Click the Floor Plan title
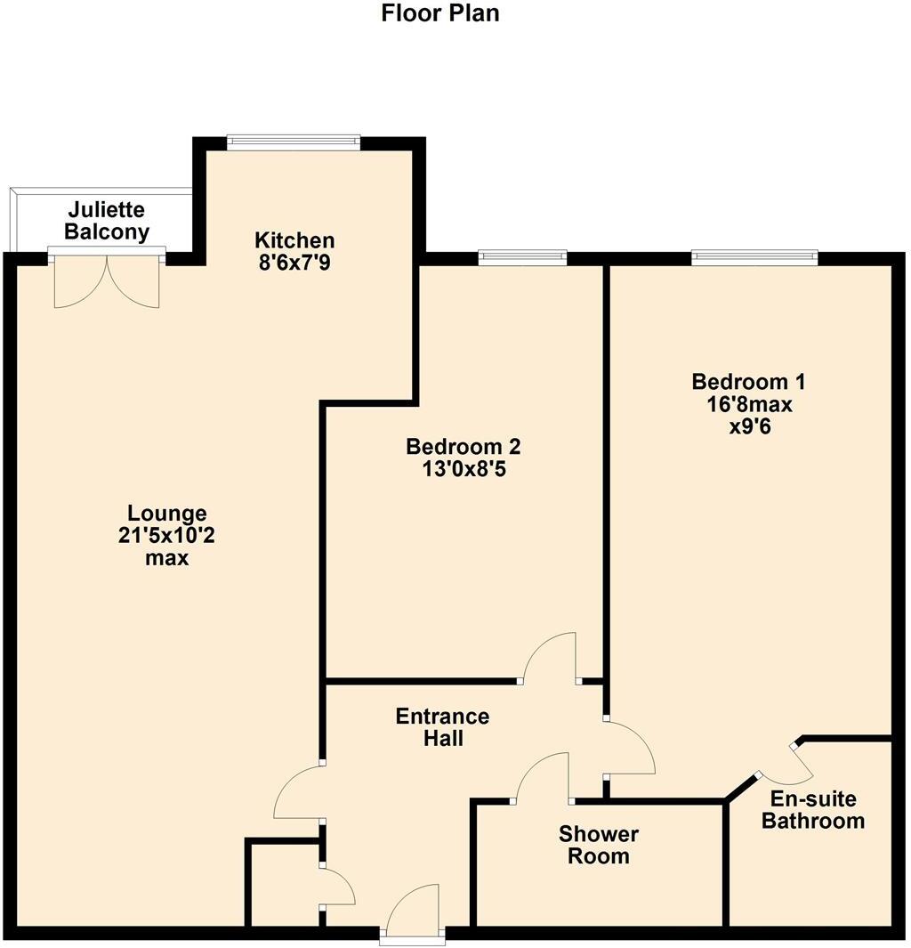(x=440, y=14)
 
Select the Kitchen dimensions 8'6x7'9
(x=294, y=263)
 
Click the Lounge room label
(x=167, y=514)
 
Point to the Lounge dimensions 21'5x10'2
(x=167, y=537)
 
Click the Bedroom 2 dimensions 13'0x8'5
(x=463, y=469)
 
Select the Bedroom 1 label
(x=748, y=382)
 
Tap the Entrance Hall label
(x=442, y=727)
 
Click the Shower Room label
(x=598, y=845)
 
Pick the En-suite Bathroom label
(x=813, y=809)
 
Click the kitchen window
(x=294, y=142)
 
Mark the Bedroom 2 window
(x=521, y=257)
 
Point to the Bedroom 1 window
(x=754, y=257)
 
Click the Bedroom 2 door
(x=550, y=659)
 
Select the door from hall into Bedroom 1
(x=630, y=748)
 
